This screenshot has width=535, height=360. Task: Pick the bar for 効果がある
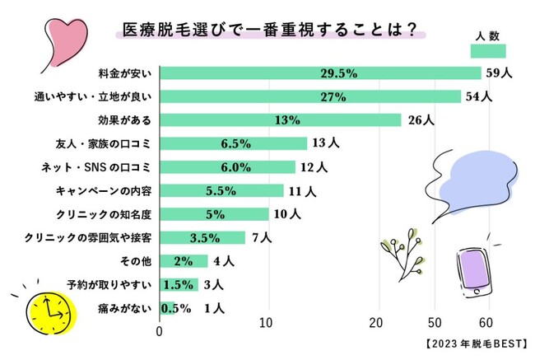tap(280, 120)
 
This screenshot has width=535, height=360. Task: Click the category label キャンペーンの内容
tap(112, 191)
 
